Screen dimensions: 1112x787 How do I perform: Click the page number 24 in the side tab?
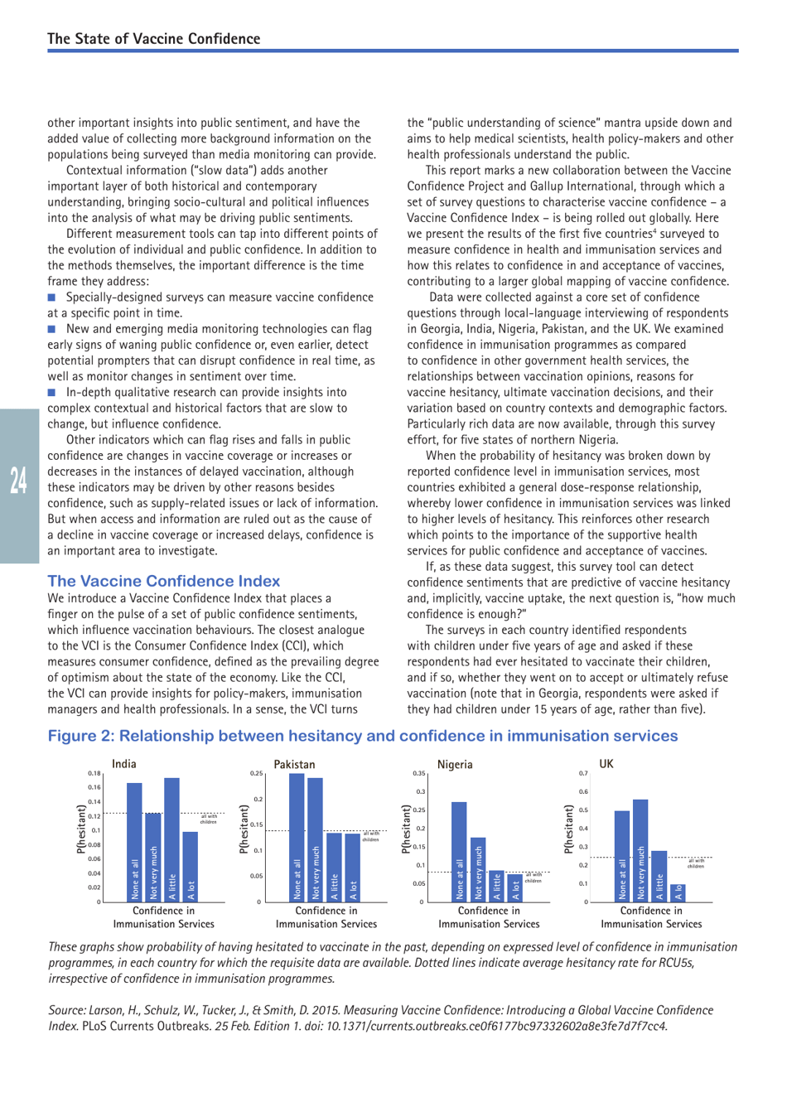[18, 481]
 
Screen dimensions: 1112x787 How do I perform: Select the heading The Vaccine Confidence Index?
[163, 581]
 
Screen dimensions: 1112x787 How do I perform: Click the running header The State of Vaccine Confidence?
[153, 39]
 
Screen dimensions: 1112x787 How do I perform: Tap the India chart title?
[124, 764]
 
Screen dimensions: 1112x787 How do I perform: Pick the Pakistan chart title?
[294, 764]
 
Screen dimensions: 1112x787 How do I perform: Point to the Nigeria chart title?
[455, 764]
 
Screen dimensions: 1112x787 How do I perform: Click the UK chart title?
[606, 764]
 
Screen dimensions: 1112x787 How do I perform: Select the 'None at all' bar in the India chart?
[134, 841]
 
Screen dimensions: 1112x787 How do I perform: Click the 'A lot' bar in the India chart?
[191, 866]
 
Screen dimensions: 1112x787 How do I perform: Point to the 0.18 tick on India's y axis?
[94, 774]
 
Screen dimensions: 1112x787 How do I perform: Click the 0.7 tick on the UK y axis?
[583, 774]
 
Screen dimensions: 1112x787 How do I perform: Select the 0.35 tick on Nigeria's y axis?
[419, 774]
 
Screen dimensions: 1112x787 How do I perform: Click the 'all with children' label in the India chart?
[208, 819]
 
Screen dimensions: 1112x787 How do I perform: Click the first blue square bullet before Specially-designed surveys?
[51, 297]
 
